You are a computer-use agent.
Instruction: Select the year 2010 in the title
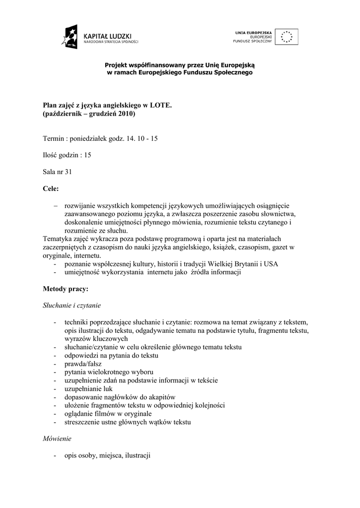coord(126,114)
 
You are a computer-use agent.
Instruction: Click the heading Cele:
coord(51,189)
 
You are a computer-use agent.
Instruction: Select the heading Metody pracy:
coord(66,288)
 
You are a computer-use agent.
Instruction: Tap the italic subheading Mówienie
coord(58,439)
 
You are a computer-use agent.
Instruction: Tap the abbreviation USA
coord(271,264)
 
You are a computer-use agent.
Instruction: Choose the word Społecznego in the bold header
coord(232,72)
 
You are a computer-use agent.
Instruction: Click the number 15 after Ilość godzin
coord(87,155)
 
